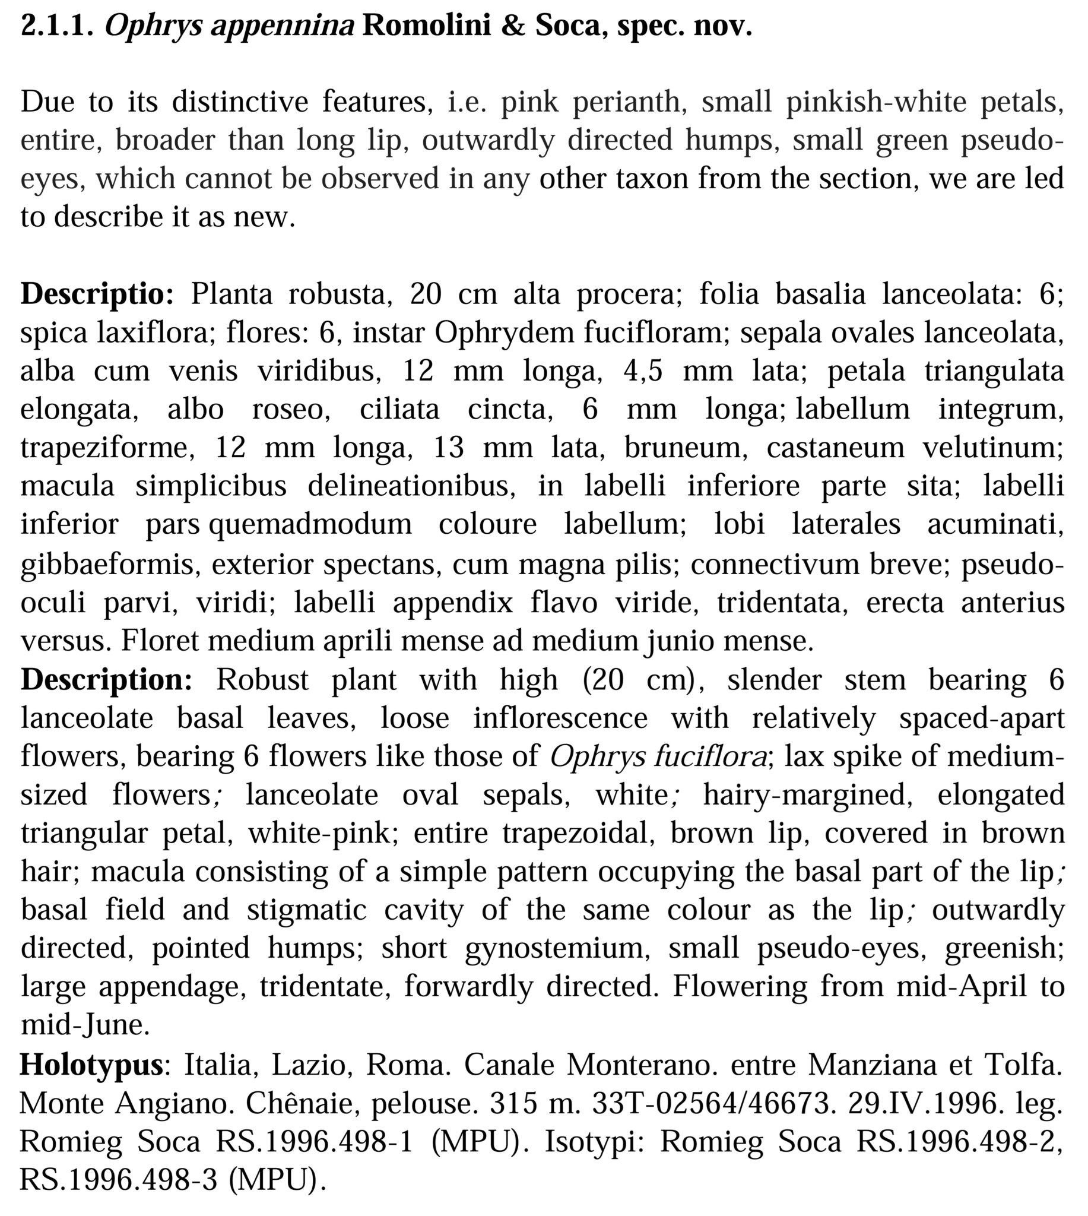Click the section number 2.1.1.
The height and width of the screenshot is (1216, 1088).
57,26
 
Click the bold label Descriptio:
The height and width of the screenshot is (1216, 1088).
97,294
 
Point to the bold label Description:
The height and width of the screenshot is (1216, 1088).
106,680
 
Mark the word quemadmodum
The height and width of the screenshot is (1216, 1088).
310,525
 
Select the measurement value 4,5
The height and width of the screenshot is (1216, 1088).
643,371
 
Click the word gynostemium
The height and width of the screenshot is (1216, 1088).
557,949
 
